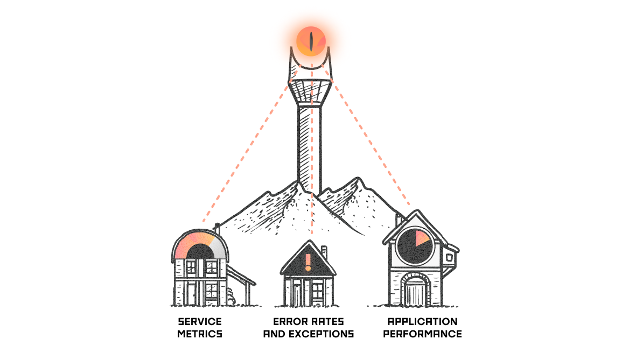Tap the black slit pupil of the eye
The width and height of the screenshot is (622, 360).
click(312, 41)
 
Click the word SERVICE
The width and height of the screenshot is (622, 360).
click(199, 322)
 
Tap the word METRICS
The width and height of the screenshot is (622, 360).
click(199, 334)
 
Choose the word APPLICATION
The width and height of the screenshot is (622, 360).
click(423, 322)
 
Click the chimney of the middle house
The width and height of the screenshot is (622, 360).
click(324, 253)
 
